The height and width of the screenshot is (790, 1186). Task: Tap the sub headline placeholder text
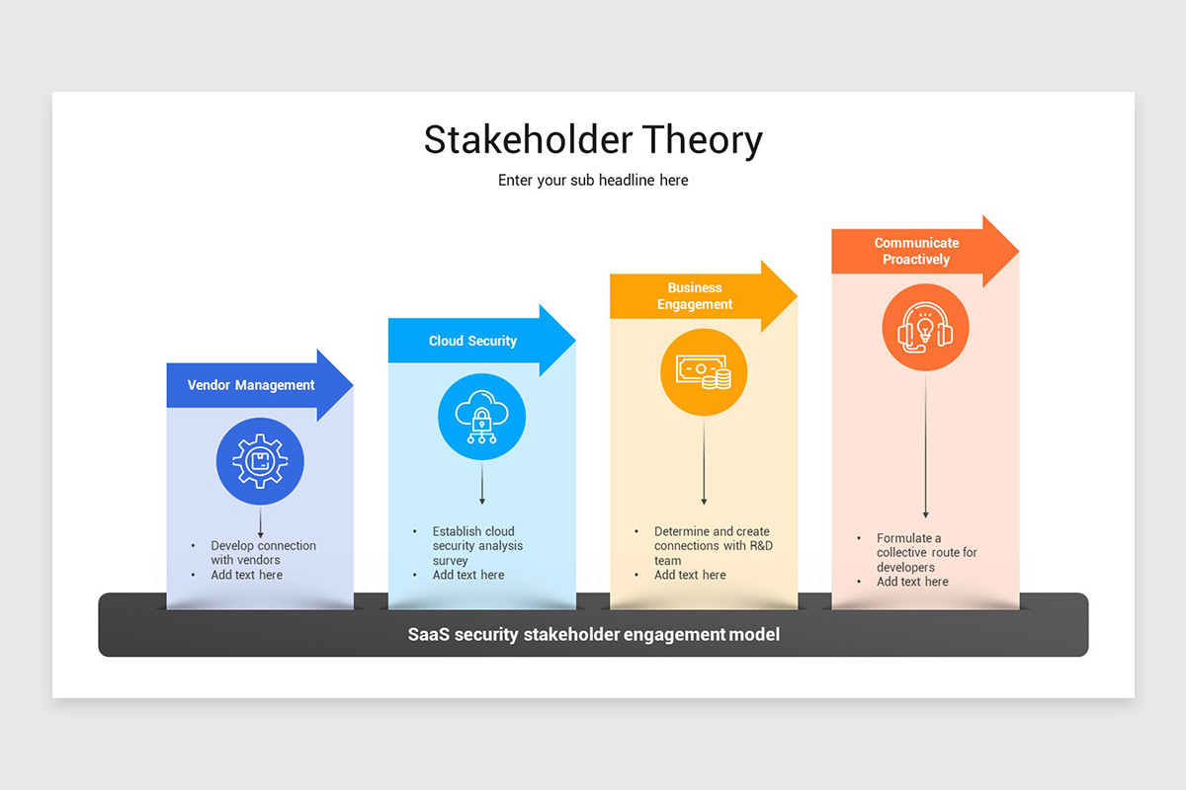[593, 181]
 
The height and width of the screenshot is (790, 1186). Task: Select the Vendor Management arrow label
[251, 385]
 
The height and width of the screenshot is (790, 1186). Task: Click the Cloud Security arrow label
[472, 341]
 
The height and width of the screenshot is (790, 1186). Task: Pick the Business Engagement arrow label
[695, 296]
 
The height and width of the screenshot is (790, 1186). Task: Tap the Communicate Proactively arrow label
[916, 251]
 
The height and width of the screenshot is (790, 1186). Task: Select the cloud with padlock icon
[481, 417]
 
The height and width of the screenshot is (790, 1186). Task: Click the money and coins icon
[704, 372]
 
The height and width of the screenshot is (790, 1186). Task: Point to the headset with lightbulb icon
[925, 328]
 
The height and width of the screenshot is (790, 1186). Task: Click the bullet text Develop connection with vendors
[263, 553]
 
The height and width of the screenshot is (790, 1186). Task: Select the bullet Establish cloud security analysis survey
[477, 545]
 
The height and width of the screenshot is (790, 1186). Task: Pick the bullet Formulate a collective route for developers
[925, 553]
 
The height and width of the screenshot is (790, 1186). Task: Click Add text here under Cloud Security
[467, 575]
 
